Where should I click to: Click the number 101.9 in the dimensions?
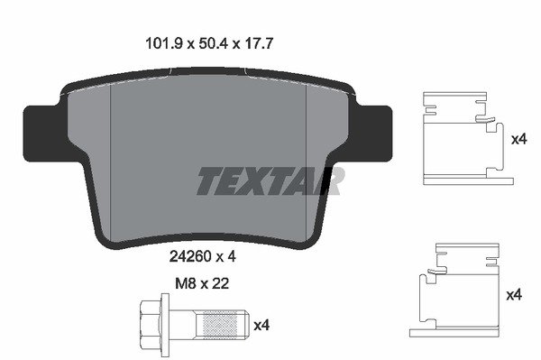click(163, 44)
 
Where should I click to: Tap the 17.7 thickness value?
click(258, 44)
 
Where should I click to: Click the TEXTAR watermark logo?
click(270, 180)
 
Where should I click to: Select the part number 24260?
click(190, 256)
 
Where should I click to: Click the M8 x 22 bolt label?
click(202, 283)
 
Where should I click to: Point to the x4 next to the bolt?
click(261, 326)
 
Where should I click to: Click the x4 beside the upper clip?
click(519, 140)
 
